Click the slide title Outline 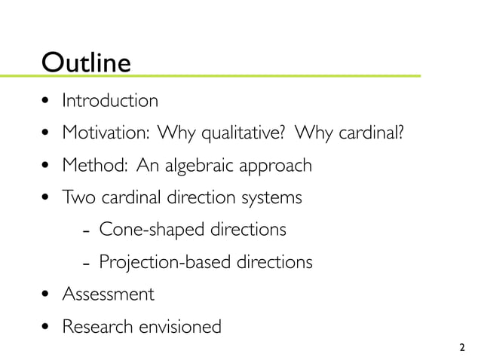point(87,61)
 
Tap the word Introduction point(110,100)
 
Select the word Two point(76,197)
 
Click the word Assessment point(108,294)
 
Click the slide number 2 point(461,348)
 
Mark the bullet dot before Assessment point(47,294)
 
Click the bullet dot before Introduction point(47,101)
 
